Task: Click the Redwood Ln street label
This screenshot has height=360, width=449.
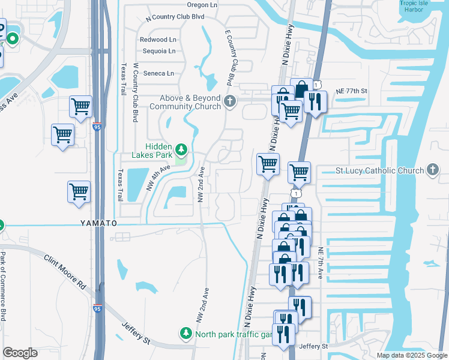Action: (x=158, y=40)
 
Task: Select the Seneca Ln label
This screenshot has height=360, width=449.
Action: (x=158, y=73)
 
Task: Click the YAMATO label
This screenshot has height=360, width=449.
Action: (x=98, y=223)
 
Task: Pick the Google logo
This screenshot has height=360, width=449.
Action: (x=20, y=353)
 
